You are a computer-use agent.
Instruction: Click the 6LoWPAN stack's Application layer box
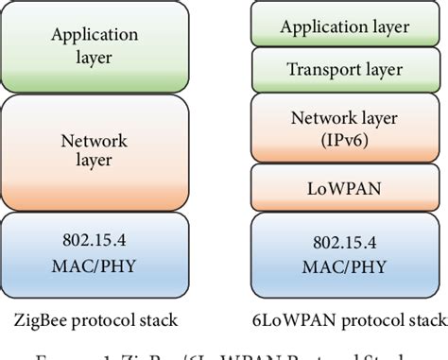click(x=346, y=26)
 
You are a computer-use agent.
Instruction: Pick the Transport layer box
click(x=346, y=69)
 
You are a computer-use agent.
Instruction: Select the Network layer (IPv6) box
click(x=346, y=127)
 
